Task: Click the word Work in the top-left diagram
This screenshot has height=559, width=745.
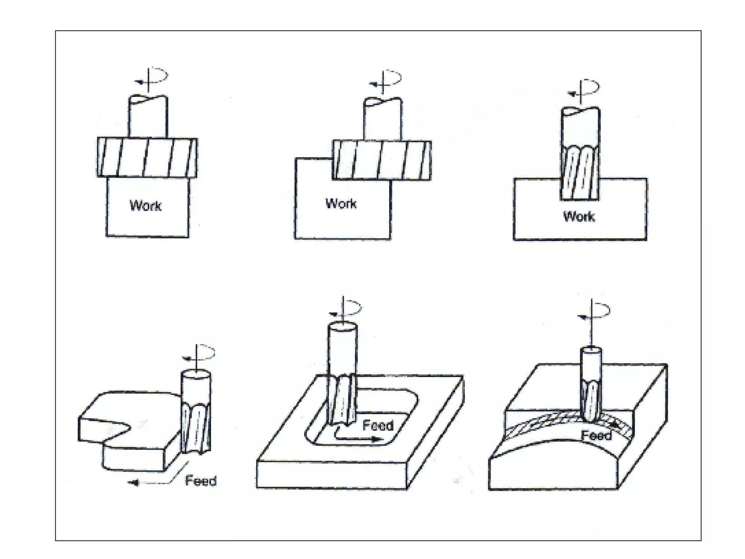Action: coord(146,206)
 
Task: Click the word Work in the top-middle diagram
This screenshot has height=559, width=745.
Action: coord(341,203)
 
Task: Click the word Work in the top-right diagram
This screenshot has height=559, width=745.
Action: coord(579,217)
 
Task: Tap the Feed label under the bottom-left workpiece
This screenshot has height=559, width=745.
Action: coord(201,481)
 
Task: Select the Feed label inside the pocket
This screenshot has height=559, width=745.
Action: coord(378,425)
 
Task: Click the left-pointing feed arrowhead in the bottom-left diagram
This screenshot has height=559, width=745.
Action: coord(133,483)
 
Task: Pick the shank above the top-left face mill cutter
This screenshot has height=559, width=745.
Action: coord(148,116)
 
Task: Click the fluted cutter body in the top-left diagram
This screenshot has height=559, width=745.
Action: coord(147,157)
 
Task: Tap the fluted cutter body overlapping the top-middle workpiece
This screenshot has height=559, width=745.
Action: coord(382,160)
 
